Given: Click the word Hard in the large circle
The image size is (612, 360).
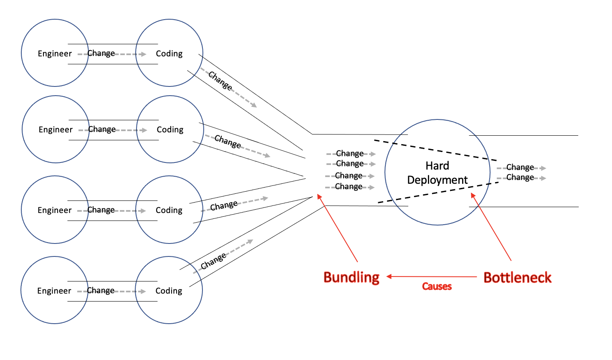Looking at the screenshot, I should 437,166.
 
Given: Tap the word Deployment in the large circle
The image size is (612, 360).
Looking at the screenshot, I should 437,180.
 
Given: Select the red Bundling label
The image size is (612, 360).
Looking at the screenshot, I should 352,277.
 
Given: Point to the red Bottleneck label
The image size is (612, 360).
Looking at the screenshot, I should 517,278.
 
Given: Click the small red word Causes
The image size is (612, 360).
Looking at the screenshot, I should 437,286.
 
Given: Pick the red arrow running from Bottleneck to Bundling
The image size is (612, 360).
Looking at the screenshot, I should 432,276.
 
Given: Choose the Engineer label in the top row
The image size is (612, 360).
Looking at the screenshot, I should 55,53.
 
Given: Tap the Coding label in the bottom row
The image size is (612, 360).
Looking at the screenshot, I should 169,291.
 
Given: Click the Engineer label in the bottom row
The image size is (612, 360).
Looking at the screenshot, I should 54,291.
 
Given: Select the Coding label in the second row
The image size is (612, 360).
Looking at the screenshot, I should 170,129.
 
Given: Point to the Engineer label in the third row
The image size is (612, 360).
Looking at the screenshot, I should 55,210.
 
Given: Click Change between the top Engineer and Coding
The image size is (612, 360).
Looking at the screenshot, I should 101,53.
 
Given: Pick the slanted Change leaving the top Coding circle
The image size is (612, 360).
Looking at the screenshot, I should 220,81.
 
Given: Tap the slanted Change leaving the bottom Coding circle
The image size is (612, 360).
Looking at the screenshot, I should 213,261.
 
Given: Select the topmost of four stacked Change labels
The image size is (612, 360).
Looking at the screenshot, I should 350,153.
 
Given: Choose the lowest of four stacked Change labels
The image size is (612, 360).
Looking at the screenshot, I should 349,186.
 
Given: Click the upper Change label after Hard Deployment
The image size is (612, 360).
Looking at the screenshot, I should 520,167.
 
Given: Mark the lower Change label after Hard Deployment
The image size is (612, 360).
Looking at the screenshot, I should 520,177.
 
